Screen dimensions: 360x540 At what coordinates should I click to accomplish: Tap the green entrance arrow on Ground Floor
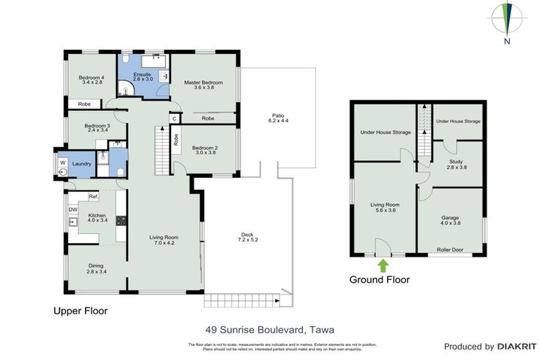383,265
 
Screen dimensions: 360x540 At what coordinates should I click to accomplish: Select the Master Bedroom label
203,86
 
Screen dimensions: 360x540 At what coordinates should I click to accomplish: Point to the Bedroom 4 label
91,80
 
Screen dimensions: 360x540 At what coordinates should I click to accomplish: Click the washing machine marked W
62,164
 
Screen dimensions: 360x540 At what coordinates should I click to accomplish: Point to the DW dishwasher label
72,209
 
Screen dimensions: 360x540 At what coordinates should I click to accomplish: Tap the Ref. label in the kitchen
92,196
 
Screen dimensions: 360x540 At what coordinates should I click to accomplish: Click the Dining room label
96,269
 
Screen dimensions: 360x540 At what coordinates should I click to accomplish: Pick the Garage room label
450,221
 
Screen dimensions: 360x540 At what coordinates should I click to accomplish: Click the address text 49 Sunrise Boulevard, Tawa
269,328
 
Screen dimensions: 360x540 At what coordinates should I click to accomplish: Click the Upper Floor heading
81,309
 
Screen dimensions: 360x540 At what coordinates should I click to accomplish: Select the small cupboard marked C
174,119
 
